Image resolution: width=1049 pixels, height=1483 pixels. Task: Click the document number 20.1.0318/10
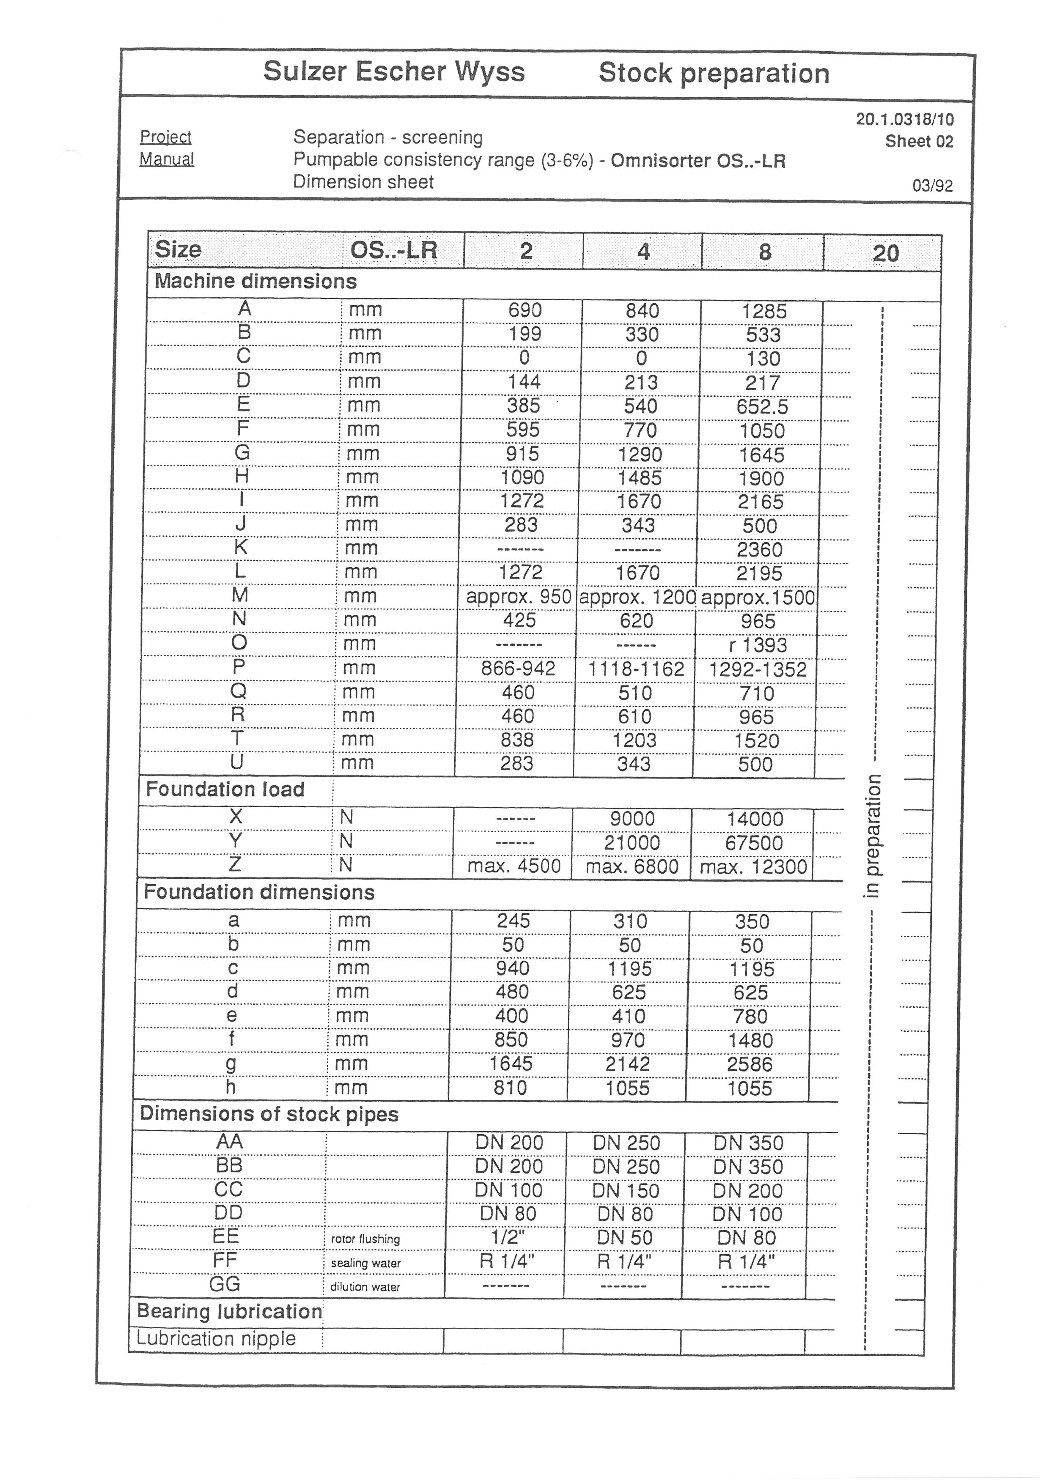[904, 120]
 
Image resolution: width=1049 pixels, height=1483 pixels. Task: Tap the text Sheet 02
[919, 142]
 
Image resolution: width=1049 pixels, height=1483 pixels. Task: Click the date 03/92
[932, 186]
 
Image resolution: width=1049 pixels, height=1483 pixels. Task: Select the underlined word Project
[165, 137]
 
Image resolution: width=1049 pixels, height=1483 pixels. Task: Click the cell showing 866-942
[518, 669]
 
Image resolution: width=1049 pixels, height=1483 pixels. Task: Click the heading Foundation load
[225, 789]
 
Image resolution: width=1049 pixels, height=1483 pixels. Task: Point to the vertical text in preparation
[872, 836]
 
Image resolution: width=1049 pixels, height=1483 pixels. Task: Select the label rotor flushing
[365, 1239]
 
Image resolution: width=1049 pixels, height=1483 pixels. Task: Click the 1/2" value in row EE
[508, 1238]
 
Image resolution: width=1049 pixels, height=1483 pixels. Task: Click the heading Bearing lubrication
[229, 1311]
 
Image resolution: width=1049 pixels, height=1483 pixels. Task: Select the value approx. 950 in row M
[519, 597]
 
